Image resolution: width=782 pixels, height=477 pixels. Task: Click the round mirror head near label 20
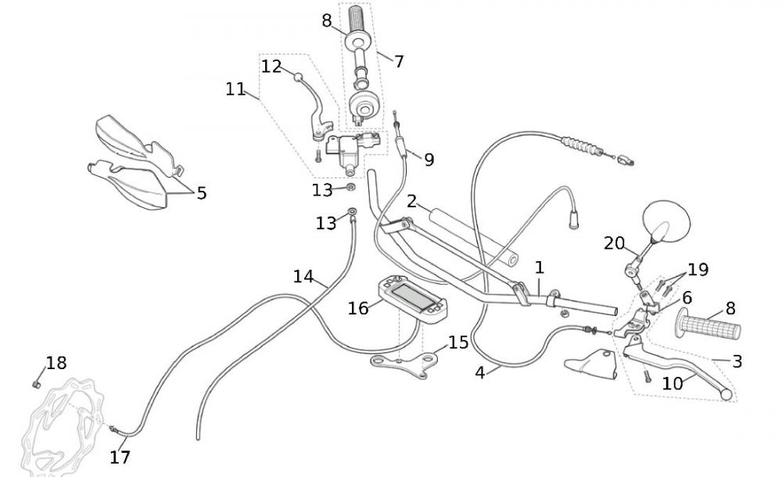pos(665,221)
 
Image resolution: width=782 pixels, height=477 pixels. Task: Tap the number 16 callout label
pos(358,308)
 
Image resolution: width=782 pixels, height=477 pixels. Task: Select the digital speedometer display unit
pos(413,299)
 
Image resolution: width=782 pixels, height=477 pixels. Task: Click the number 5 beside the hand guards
pos(202,192)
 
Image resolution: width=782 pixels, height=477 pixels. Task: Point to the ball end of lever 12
pos(297,77)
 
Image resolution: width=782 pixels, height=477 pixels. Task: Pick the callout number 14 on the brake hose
pos(303,276)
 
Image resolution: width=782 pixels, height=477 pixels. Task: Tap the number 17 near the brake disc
pos(120,457)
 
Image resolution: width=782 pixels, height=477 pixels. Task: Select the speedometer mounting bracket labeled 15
pos(404,363)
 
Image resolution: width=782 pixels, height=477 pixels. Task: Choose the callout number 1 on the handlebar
pos(540,267)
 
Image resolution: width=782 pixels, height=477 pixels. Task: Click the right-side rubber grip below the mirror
pos(709,328)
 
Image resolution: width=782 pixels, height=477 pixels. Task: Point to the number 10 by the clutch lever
pos(672,383)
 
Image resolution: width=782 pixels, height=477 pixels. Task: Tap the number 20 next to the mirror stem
pos(614,243)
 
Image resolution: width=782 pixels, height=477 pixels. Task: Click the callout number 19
pos(698,270)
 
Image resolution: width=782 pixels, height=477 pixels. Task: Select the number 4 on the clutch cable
pos(479,372)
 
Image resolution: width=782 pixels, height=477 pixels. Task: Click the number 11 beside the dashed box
pos(235,89)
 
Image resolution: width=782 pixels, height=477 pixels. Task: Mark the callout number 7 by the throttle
pos(399,61)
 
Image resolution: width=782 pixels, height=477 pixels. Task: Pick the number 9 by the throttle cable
pos(429,160)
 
